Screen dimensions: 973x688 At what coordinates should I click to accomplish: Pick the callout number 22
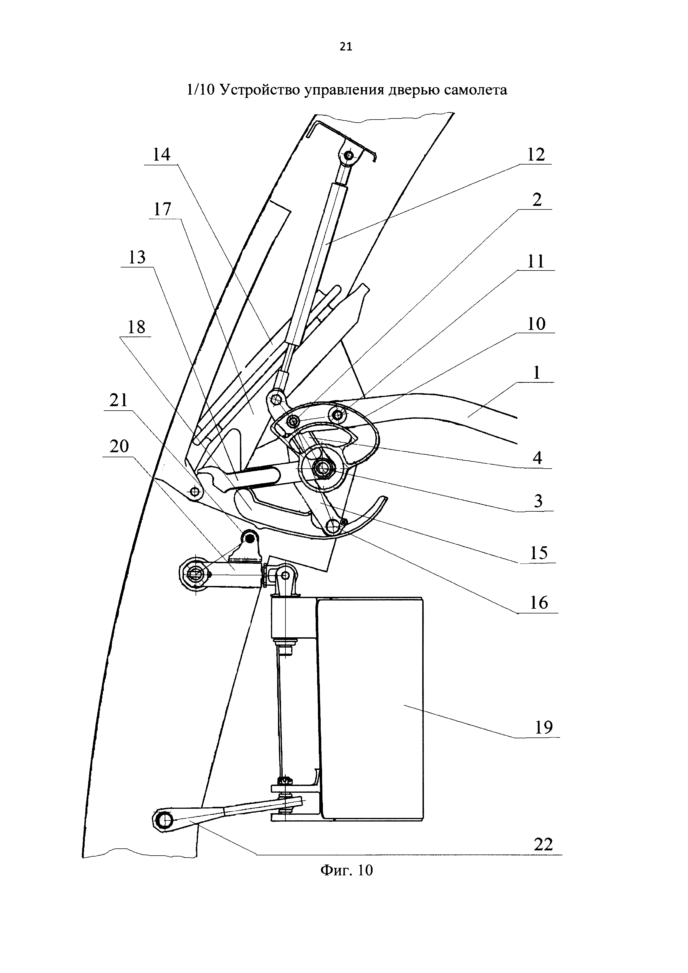(543, 844)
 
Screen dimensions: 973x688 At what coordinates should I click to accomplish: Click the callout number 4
(537, 458)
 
